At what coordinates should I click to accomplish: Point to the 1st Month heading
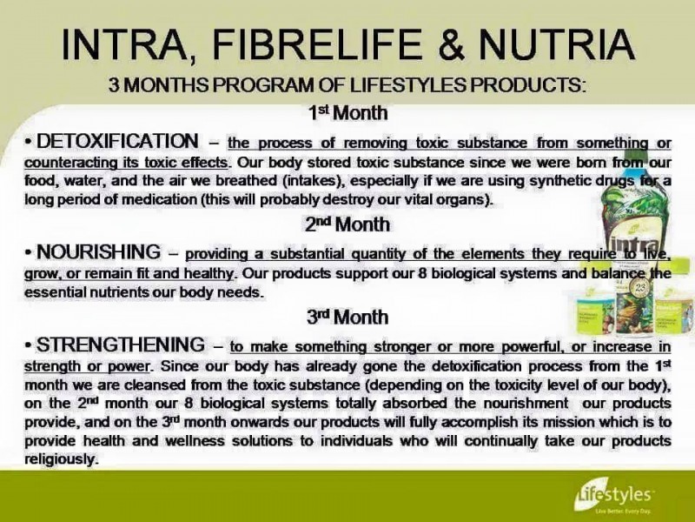click(x=348, y=113)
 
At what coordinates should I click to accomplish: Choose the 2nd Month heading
click(x=347, y=224)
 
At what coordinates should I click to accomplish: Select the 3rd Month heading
click(x=347, y=317)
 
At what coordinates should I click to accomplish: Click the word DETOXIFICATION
click(x=117, y=141)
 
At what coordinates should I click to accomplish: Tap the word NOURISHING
click(x=98, y=251)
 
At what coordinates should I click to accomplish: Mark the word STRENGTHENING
click(x=121, y=345)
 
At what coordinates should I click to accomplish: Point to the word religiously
click(x=60, y=459)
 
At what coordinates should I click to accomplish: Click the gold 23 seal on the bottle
click(x=641, y=289)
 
